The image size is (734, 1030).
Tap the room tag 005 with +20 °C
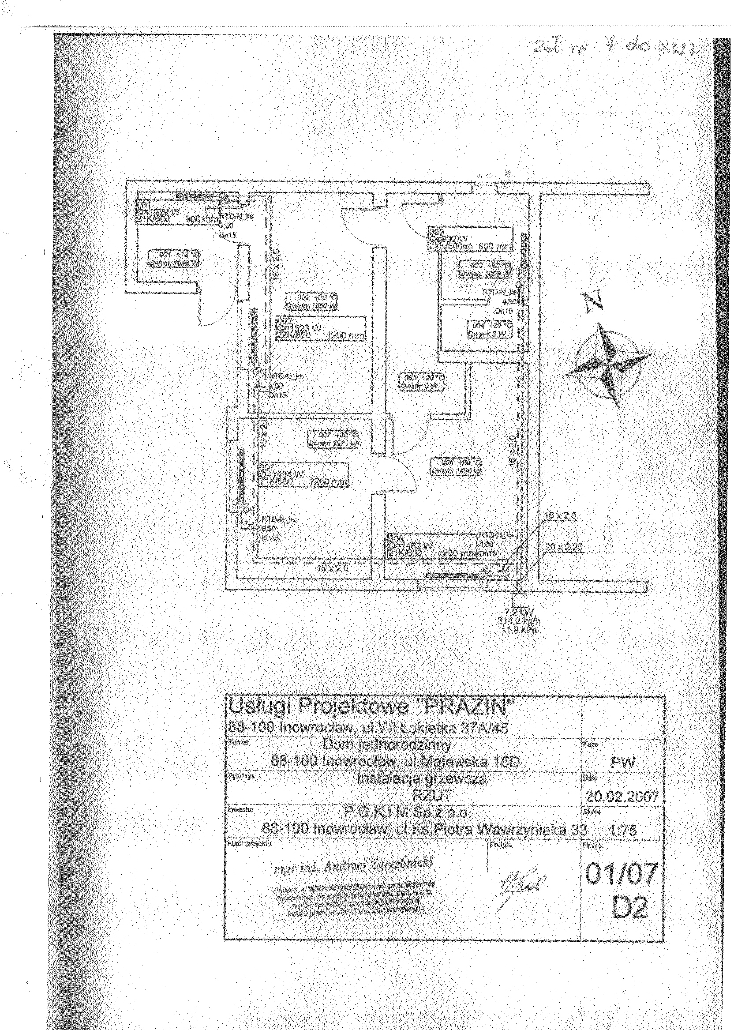click(x=421, y=381)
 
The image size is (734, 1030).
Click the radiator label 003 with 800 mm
click(x=470, y=239)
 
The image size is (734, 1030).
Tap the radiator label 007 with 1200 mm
click(x=304, y=475)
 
